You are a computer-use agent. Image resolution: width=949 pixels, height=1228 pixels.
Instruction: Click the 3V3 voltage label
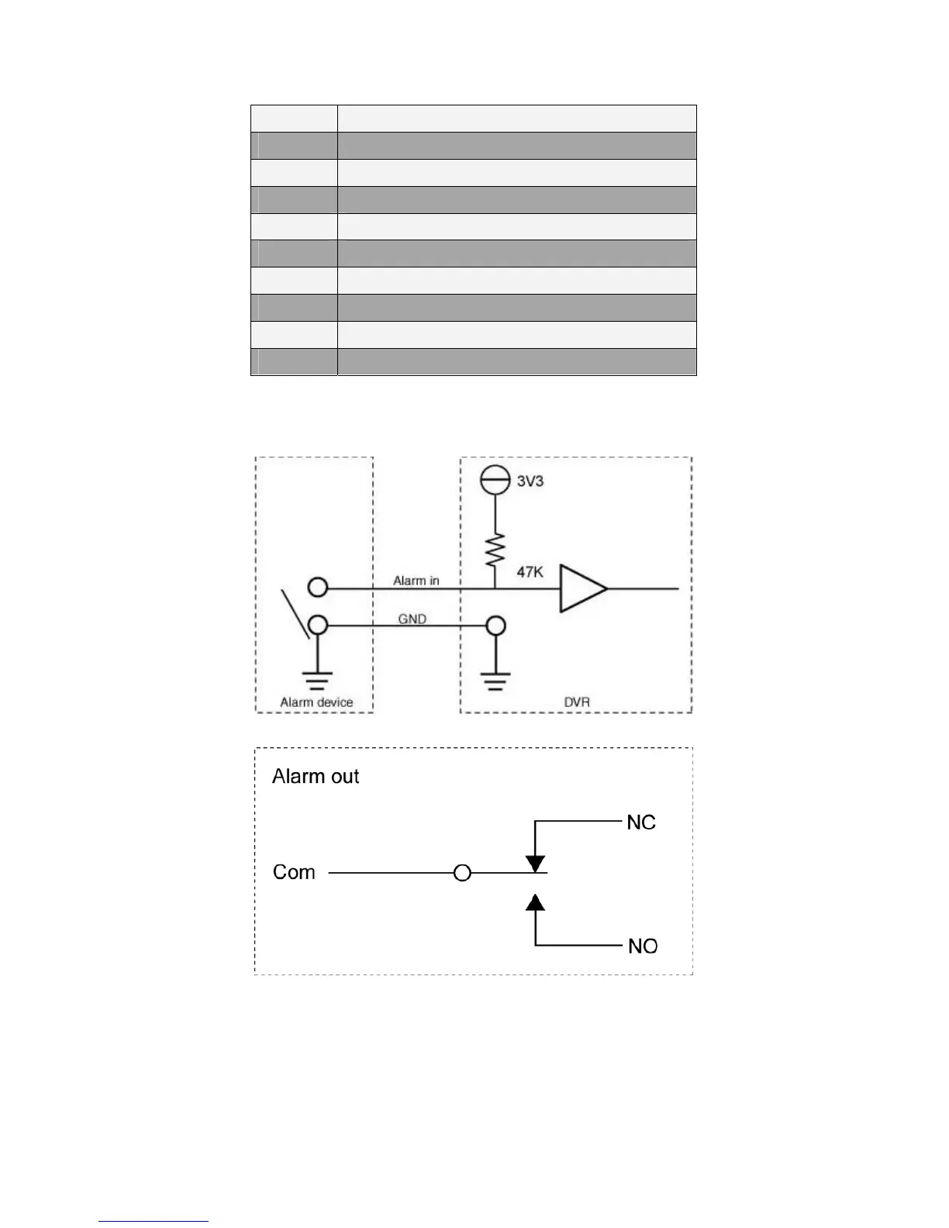tap(530, 481)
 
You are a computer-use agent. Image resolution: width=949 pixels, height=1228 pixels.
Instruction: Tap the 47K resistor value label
tap(530, 572)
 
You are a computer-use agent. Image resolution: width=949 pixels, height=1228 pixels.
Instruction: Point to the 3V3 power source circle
tap(495, 481)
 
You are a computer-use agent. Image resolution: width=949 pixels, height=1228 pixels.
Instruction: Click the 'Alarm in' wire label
tap(416, 581)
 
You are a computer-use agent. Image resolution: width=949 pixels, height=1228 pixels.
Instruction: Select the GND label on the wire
tap(412, 619)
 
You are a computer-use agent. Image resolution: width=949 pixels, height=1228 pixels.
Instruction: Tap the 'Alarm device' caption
tap(316, 702)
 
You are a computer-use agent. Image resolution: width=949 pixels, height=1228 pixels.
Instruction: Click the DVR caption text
tap(577, 702)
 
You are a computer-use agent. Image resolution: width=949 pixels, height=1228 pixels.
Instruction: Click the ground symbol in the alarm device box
tap(317, 680)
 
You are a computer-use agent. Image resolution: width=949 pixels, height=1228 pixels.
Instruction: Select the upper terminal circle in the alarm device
tap(318, 587)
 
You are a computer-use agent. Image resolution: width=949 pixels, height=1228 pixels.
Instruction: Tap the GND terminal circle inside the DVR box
tap(495, 625)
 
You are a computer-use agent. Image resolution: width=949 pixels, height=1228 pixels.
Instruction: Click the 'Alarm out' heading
tap(316, 777)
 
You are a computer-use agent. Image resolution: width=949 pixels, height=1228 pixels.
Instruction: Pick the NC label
tap(641, 823)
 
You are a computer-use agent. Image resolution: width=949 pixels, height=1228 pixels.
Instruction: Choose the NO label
tap(643, 946)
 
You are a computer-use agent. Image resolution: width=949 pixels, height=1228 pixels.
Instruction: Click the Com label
tap(294, 873)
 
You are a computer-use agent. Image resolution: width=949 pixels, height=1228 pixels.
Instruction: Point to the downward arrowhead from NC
tap(535, 864)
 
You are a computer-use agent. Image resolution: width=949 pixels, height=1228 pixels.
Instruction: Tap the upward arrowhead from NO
tap(535, 902)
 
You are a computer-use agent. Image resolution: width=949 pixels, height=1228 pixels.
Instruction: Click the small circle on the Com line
tap(462, 874)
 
